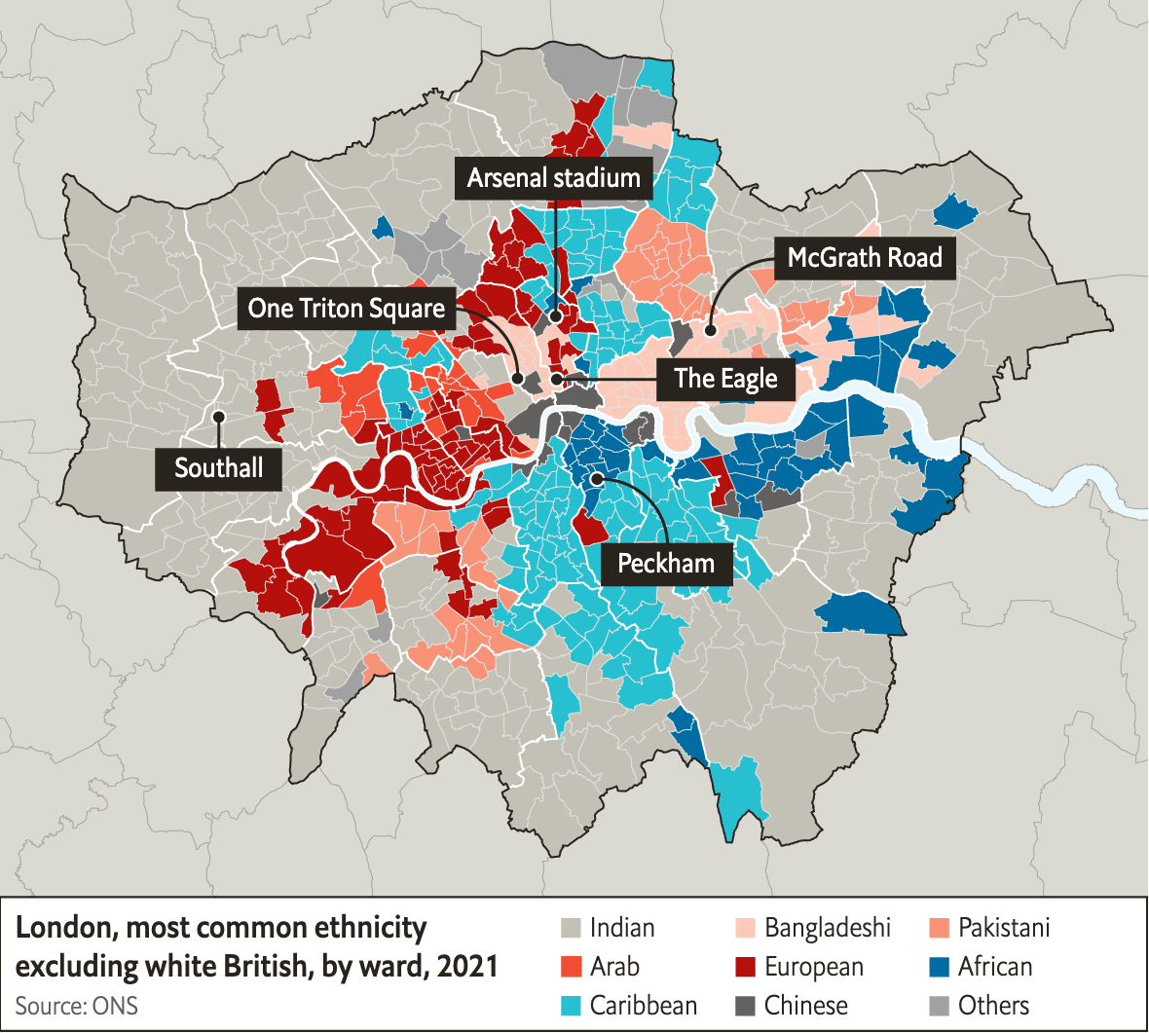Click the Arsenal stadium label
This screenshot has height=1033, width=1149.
(553, 178)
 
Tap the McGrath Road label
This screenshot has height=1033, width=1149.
(865, 258)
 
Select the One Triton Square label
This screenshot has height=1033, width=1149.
(346, 309)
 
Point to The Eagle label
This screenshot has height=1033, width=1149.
(725, 379)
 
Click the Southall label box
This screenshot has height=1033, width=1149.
(218, 468)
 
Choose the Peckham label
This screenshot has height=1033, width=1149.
(666, 563)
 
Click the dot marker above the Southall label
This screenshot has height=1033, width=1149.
(218, 417)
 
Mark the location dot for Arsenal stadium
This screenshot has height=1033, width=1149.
(554, 316)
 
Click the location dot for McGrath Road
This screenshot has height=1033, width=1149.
(711, 330)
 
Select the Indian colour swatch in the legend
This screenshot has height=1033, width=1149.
(572, 928)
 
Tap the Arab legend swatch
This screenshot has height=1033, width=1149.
(572, 967)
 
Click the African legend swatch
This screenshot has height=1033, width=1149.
(940, 967)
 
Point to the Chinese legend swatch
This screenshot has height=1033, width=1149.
(746, 1006)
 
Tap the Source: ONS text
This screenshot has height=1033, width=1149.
(76, 1006)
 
